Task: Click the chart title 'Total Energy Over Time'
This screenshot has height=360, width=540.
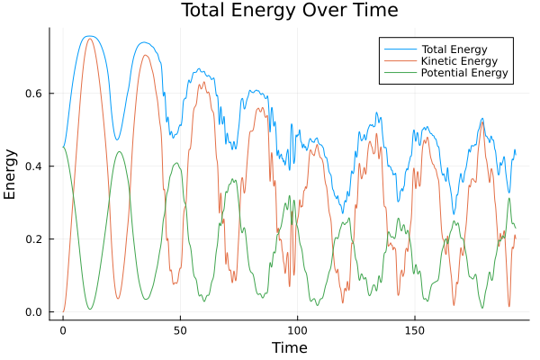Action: (289, 11)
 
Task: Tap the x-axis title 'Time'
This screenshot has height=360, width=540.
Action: (289, 347)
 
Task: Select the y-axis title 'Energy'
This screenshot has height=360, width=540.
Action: (11, 173)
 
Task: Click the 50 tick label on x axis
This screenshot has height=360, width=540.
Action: (180, 330)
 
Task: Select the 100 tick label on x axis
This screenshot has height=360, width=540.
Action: (298, 330)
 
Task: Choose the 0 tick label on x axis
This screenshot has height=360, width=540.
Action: (63, 330)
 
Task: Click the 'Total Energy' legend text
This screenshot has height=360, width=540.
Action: (454, 48)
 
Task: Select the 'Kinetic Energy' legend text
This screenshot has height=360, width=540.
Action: (458, 60)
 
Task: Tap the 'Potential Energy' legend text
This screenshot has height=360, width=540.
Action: (464, 73)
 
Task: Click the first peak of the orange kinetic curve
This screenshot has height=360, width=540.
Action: (89, 39)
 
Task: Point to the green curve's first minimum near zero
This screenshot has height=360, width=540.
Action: (89, 310)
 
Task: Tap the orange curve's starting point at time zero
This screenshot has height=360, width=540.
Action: (63, 312)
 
